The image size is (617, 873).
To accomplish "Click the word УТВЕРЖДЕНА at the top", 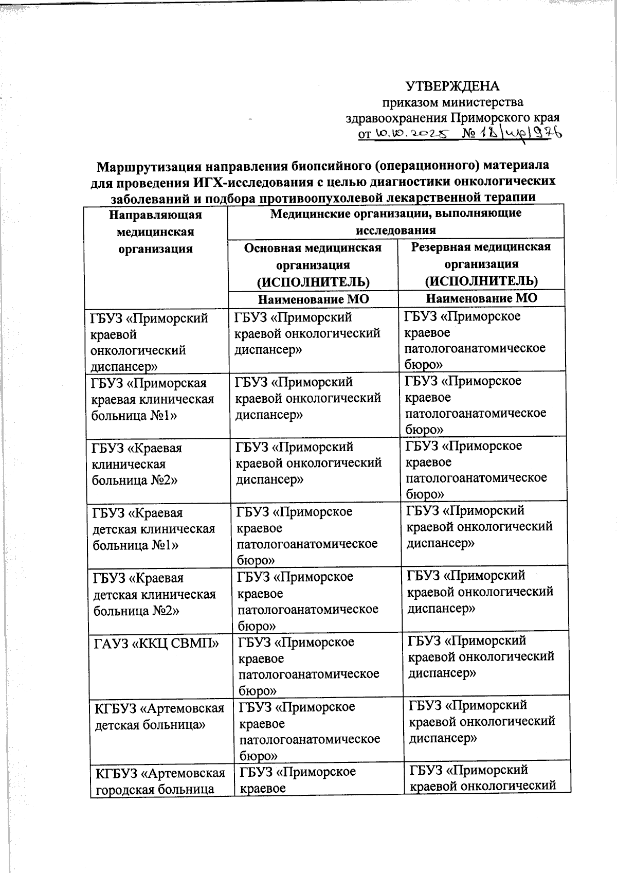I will pos(452,85).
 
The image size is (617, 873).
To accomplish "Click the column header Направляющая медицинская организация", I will pos(155,231).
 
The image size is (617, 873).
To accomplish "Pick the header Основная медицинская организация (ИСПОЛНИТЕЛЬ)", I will pos(313,264).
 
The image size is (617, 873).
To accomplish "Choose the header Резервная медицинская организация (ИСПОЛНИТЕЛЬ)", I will pos(481,263).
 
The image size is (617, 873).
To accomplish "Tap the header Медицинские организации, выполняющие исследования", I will pos(395,221).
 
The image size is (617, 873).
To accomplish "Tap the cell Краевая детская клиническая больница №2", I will pos(154,594).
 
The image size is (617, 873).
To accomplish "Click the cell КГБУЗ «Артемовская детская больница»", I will pos(160,717).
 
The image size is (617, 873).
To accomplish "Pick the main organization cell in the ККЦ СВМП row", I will pos(309,666).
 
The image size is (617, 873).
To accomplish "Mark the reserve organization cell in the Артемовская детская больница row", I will pos(482,721).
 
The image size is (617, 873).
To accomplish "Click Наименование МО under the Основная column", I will pos(313,299).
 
